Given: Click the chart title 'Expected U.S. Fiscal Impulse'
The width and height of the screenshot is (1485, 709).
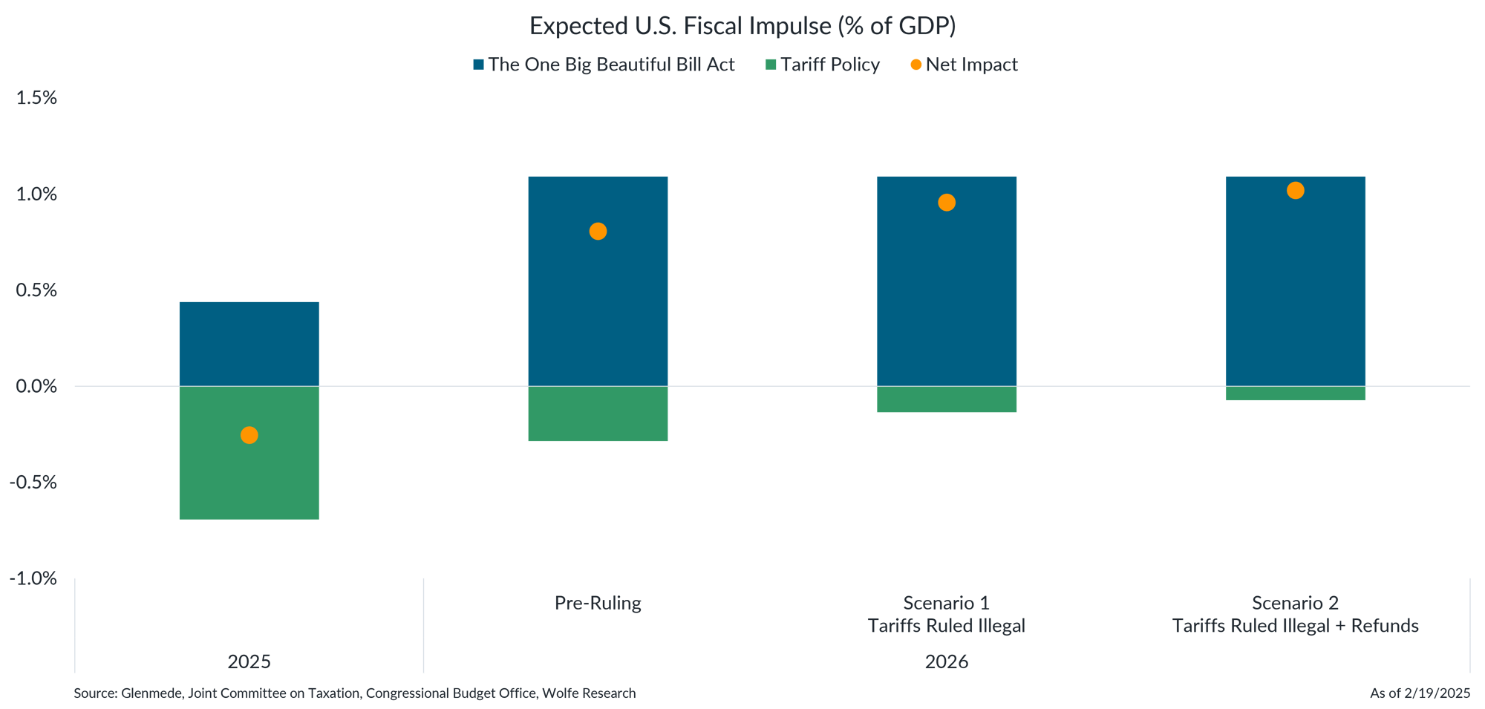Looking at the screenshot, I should coord(742,26).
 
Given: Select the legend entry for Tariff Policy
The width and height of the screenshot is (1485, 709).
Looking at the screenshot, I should coord(823,65).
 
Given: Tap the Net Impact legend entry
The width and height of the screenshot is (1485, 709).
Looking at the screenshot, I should coord(965,65).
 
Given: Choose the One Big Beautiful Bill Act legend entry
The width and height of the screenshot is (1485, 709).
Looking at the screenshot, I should coord(604,65).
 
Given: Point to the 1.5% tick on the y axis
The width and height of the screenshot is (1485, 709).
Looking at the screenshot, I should coord(36,98).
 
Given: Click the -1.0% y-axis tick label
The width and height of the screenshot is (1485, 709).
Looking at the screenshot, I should coord(33,578).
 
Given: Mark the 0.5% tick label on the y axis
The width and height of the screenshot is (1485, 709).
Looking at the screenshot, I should coord(36,290).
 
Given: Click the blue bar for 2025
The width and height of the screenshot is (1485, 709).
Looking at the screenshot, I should coord(249,343).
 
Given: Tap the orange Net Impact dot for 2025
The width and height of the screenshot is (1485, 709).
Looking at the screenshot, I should coord(249,435).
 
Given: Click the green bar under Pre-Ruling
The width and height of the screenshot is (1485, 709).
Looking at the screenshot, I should coord(598,414).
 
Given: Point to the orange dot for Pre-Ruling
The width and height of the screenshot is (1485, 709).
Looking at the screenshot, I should coord(598,232).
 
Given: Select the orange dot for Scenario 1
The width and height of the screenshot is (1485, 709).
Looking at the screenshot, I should coord(947,203).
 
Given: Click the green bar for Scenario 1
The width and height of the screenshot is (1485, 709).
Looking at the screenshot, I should coord(947,399).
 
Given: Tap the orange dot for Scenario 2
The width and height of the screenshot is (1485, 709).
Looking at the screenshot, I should coord(1296,191).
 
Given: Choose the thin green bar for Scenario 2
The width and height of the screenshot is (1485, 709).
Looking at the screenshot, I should coord(1296,393).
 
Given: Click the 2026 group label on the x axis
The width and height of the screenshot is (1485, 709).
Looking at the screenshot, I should coord(947,661).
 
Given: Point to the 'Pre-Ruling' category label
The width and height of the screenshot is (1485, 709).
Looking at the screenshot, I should coord(598,603).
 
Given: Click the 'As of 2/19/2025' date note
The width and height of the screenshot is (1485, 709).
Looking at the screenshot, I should coord(1420,693).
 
